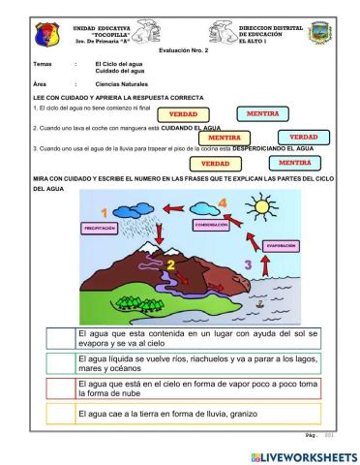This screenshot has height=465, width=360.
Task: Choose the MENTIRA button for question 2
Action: [x=224, y=138]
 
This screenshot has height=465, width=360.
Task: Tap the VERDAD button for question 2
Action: [x=303, y=138]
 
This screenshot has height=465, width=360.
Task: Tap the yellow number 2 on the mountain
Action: [x=170, y=263]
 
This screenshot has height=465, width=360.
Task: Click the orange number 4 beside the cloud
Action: [x=224, y=202]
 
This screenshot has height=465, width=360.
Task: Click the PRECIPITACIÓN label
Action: [x=100, y=229]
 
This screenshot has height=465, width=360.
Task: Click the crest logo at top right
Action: [x=319, y=34]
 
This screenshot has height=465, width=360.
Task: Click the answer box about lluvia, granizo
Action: [x=183, y=414]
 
